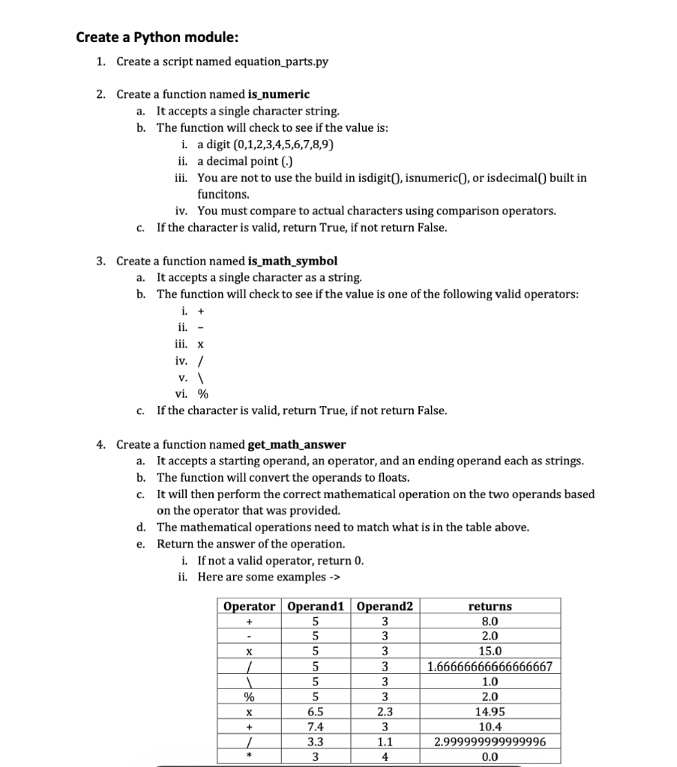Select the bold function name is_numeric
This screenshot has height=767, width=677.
point(278,94)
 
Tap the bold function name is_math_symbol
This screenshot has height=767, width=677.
point(292,261)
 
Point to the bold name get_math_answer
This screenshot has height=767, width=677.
point(297,444)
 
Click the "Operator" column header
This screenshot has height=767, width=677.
point(249,606)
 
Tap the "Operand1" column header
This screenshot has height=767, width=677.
point(316,606)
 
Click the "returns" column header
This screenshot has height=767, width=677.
point(490,606)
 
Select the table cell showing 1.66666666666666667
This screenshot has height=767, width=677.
point(490,667)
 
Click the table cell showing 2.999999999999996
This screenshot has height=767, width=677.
point(490,742)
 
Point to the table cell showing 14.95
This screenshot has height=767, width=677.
point(490,712)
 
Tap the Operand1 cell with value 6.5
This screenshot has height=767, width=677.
point(316,712)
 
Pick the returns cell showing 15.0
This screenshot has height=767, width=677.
point(490,652)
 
